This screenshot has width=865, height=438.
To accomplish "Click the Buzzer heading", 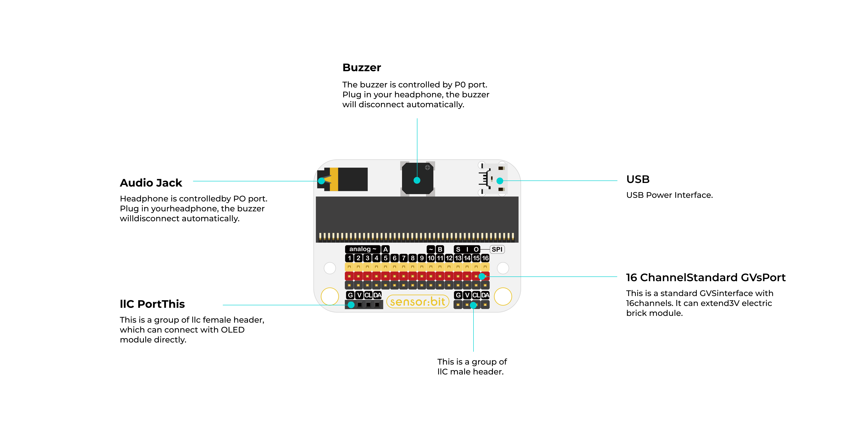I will [x=362, y=68].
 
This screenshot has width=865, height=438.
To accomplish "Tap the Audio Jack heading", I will [x=151, y=183].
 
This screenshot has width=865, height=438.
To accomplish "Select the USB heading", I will [x=638, y=179].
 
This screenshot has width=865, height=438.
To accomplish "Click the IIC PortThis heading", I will [x=152, y=304].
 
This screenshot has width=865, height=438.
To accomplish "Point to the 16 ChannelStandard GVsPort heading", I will [x=706, y=277].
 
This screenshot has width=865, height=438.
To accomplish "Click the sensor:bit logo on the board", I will [x=418, y=302].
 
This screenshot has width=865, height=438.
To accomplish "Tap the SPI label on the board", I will [x=497, y=249].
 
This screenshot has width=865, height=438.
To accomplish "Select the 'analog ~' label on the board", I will [x=362, y=249].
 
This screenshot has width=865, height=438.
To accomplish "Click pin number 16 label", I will [x=485, y=258].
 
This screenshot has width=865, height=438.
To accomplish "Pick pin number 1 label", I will [x=349, y=258].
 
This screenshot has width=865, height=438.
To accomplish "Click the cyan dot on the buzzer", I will [x=417, y=180].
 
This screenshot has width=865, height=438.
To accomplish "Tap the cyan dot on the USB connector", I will [x=500, y=181].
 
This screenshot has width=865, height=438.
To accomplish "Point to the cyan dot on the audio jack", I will [x=321, y=181].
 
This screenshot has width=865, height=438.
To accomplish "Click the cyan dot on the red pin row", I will [x=482, y=276].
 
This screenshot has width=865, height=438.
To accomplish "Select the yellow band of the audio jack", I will [x=334, y=179].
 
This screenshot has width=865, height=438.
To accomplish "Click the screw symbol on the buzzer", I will [x=428, y=167].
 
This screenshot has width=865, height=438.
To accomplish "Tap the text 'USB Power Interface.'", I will [x=669, y=195].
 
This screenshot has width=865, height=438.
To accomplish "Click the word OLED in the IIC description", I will [x=232, y=330].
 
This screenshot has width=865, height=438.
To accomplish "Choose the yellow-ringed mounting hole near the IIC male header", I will [x=503, y=297].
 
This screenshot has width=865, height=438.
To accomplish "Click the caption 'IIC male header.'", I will [x=470, y=372].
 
